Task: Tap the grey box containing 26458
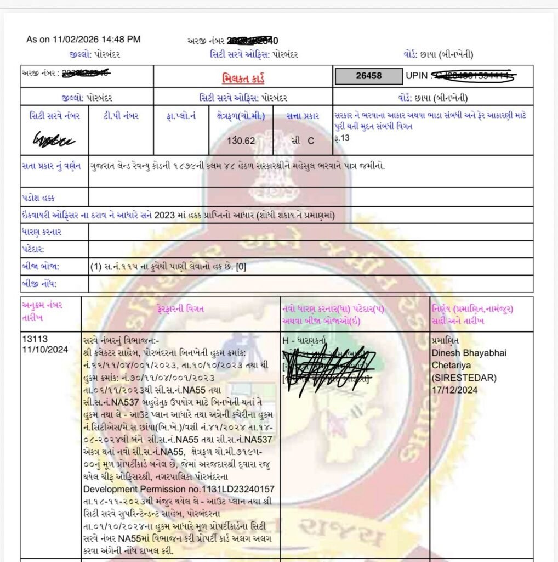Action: tap(368, 76)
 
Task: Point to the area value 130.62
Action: tap(241, 140)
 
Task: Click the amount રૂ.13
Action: tap(341, 138)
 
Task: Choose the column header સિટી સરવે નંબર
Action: tap(55, 116)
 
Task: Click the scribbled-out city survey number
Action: tap(54, 140)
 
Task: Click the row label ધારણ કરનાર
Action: tap(42, 232)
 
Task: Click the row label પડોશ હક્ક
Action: tap(38, 198)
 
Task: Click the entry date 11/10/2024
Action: tap(43, 350)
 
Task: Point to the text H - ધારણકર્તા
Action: tap(304, 340)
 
